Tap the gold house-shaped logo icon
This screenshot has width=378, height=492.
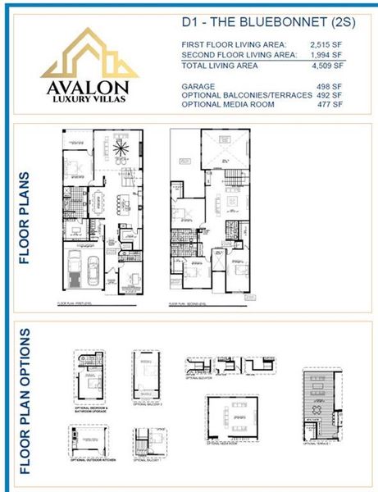[89, 55]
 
